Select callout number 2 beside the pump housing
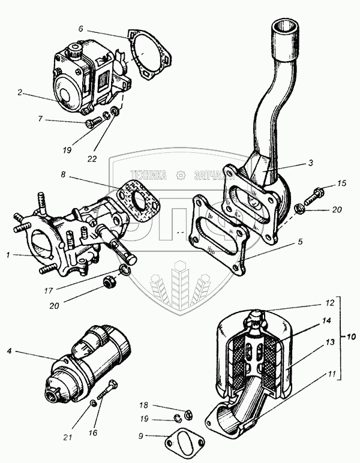[20, 92]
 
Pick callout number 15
[341, 183]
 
